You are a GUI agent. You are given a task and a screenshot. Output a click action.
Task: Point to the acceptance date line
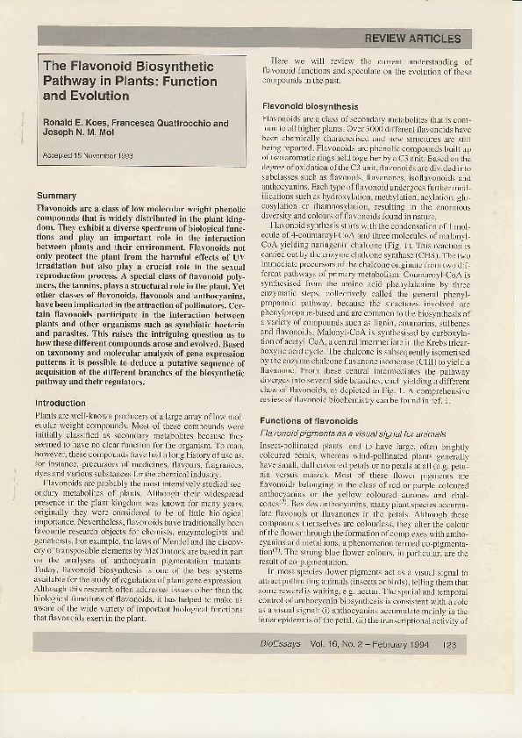click(x=88, y=155)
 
